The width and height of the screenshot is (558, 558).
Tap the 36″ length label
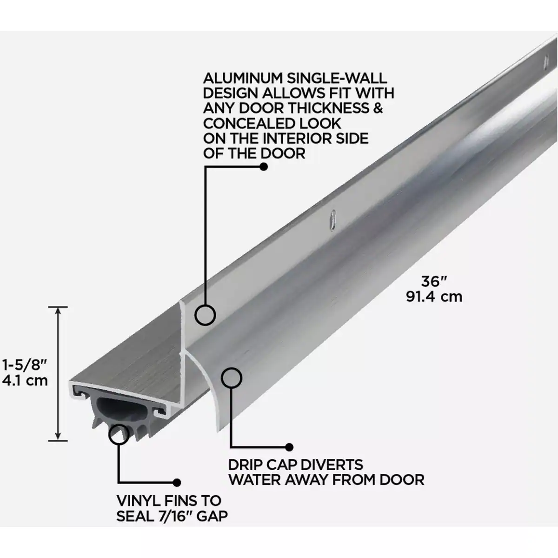[434, 282]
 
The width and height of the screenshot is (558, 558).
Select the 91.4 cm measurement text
[434, 297]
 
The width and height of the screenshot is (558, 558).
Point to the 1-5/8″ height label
[24, 364]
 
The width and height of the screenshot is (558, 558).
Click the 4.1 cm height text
[25, 380]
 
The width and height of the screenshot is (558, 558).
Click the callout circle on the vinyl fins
[119, 434]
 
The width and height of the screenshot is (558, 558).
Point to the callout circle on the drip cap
[232, 378]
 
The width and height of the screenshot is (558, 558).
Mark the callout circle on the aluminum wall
[205, 315]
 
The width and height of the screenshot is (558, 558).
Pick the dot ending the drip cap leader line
[289, 447]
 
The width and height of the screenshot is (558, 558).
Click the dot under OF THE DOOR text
[264, 166]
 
